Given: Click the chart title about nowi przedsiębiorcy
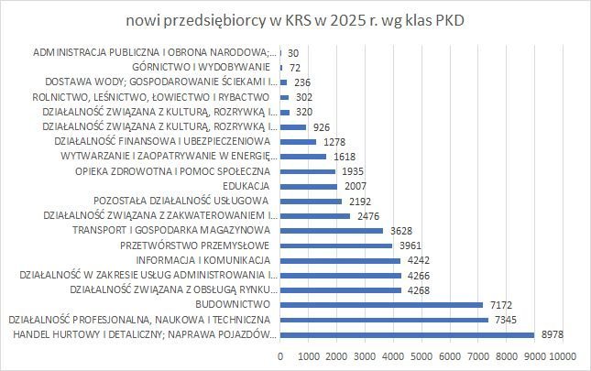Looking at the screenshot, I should pyautogui.click(x=295, y=20).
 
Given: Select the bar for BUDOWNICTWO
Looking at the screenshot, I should pyautogui.click(x=381, y=304).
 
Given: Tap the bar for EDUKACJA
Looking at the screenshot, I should pyautogui.click(x=309, y=186).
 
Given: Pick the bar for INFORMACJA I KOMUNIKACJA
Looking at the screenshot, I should pyautogui.click(x=340, y=260).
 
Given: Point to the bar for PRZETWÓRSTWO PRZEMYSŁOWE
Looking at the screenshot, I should pyautogui.click(x=336, y=246).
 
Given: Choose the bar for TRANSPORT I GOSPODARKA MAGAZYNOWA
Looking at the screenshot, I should pyautogui.click(x=332, y=230).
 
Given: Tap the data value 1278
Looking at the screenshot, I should pyautogui.click(x=334, y=142).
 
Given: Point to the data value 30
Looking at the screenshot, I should pyautogui.click(x=293, y=53).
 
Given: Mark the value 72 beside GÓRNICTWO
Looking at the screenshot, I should pyautogui.click(x=295, y=68).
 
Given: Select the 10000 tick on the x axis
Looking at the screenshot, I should pyautogui.click(x=561, y=355).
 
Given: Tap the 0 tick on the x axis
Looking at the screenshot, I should pyautogui.click(x=280, y=355).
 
